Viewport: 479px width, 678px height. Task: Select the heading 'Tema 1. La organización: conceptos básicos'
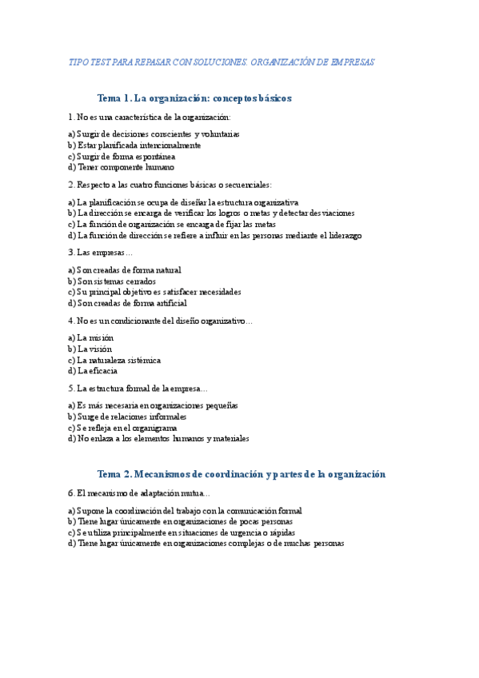(x=194, y=98)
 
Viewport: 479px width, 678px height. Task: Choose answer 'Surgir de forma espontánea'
(x=122, y=157)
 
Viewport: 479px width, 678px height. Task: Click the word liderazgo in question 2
(x=343, y=236)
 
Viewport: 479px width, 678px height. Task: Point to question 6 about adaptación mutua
(x=139, y=493)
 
